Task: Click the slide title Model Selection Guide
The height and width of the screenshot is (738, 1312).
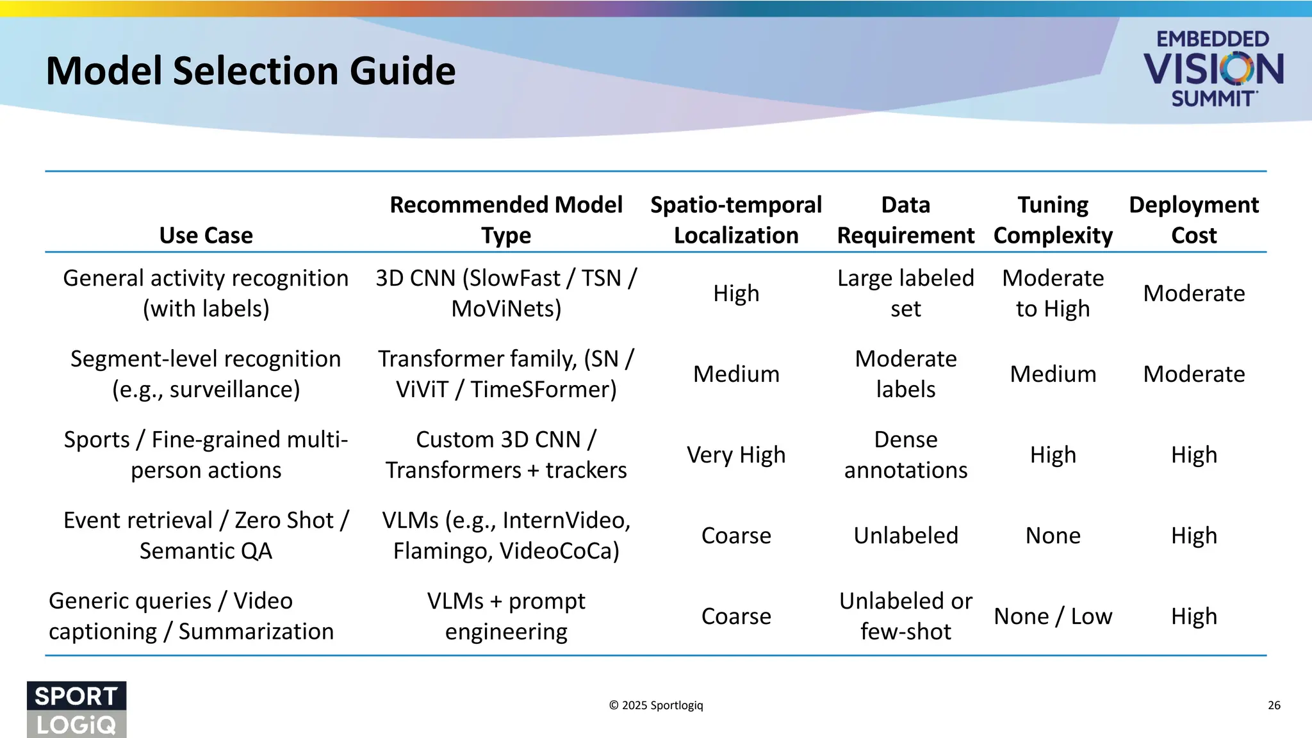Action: pyautogui.click(x=250, y=70)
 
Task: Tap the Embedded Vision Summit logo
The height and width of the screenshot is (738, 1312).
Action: pyautogui.click(x=1213, y=69)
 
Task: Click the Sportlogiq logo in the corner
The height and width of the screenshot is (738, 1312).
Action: pyautogui.click(x=76, y=709)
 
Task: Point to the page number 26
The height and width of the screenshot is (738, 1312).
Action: pyautogui.click(x=1274, y=705)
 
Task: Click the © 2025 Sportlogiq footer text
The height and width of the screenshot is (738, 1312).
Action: pyautogui.click(x=655, y=705)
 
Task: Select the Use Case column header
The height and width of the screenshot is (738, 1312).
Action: pyautogui.click(x=206, y=235)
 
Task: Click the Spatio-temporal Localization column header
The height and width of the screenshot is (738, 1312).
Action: pyautogui.click(x=735, y=220)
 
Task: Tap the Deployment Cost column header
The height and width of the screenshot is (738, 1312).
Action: pyautogui.click(x=1193, y=220)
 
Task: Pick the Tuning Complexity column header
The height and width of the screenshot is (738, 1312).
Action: pyautogui.click(x=1053, y=220)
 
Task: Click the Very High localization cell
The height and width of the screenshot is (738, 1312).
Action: pyautogui.click(x=735, y=455)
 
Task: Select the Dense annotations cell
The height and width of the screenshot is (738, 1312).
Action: pyautogui.click(x=905, y=455)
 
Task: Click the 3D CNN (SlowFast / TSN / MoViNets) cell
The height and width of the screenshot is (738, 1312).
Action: pyautogui.click(x=506, y=293)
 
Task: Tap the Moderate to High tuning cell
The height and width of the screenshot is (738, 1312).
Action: pyautogui.click(x=1053, y=293)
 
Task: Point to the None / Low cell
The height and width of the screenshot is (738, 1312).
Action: pyautogui.click(x=1053, y=616)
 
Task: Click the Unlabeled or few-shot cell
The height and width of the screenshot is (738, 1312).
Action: pyautogui.click(x=905, y=616)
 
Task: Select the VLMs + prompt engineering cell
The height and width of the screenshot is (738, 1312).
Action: pyautogui.click(x=506, y=616)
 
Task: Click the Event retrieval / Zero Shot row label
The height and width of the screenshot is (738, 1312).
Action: pyautogui.click(x=206, y=536)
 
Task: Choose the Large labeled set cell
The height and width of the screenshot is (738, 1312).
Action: pyautogui.click(x=905, y=293)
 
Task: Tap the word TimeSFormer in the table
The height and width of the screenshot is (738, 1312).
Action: pyautogui.click(x=543, y=389)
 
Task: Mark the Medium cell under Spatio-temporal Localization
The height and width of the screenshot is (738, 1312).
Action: pyautogui.click(x=735, y=374)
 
